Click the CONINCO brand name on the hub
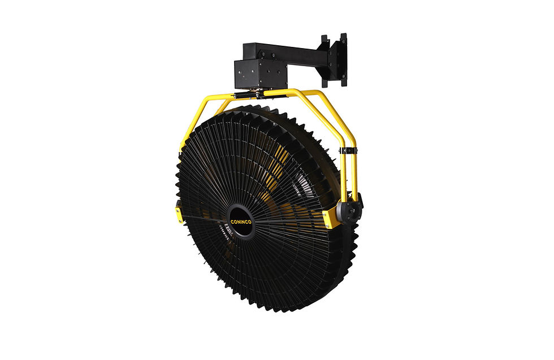pyautogui.click(x=241, y=222)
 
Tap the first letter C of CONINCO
pyautogui.click(x=232, y=222)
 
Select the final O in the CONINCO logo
pyautogui.click(x=250, y=222)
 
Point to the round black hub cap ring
pyautogui.click(x=241, y=222)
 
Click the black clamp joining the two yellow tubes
pyautogui.click(x=348, y=151)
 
